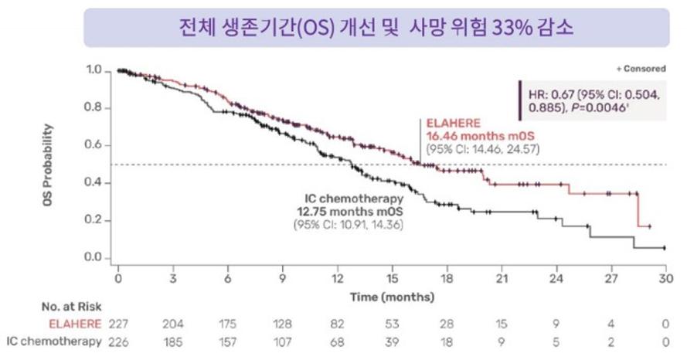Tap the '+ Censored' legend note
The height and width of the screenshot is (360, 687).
click(x=641, y=69)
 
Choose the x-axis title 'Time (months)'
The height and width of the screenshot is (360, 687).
click(x=393, y=296)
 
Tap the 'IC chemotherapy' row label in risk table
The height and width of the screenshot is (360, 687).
click(x=54, y=341)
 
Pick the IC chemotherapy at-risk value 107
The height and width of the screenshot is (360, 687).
click(x=282, y=341)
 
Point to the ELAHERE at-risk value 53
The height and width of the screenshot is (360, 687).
click(x=392, y=324)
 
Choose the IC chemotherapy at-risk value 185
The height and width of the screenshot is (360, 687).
click(x=172, y=341)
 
